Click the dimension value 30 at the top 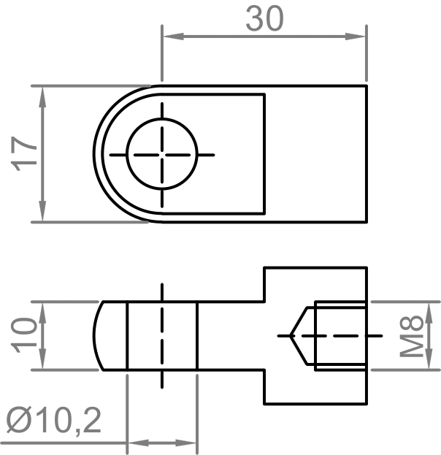[264, 19]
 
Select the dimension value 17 [27, 153]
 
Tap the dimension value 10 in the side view [27, 335]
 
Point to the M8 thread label [413, 335]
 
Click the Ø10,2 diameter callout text [54, 421]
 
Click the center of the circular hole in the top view [162, 155]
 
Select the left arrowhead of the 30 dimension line [169, 36]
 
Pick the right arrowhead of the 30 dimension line [358, 36]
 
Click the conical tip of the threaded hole [292, 335]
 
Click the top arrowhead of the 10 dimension [43, 307]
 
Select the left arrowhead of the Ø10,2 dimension [134, 443]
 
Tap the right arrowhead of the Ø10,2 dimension [191, 443]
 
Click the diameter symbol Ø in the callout [19, 421]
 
